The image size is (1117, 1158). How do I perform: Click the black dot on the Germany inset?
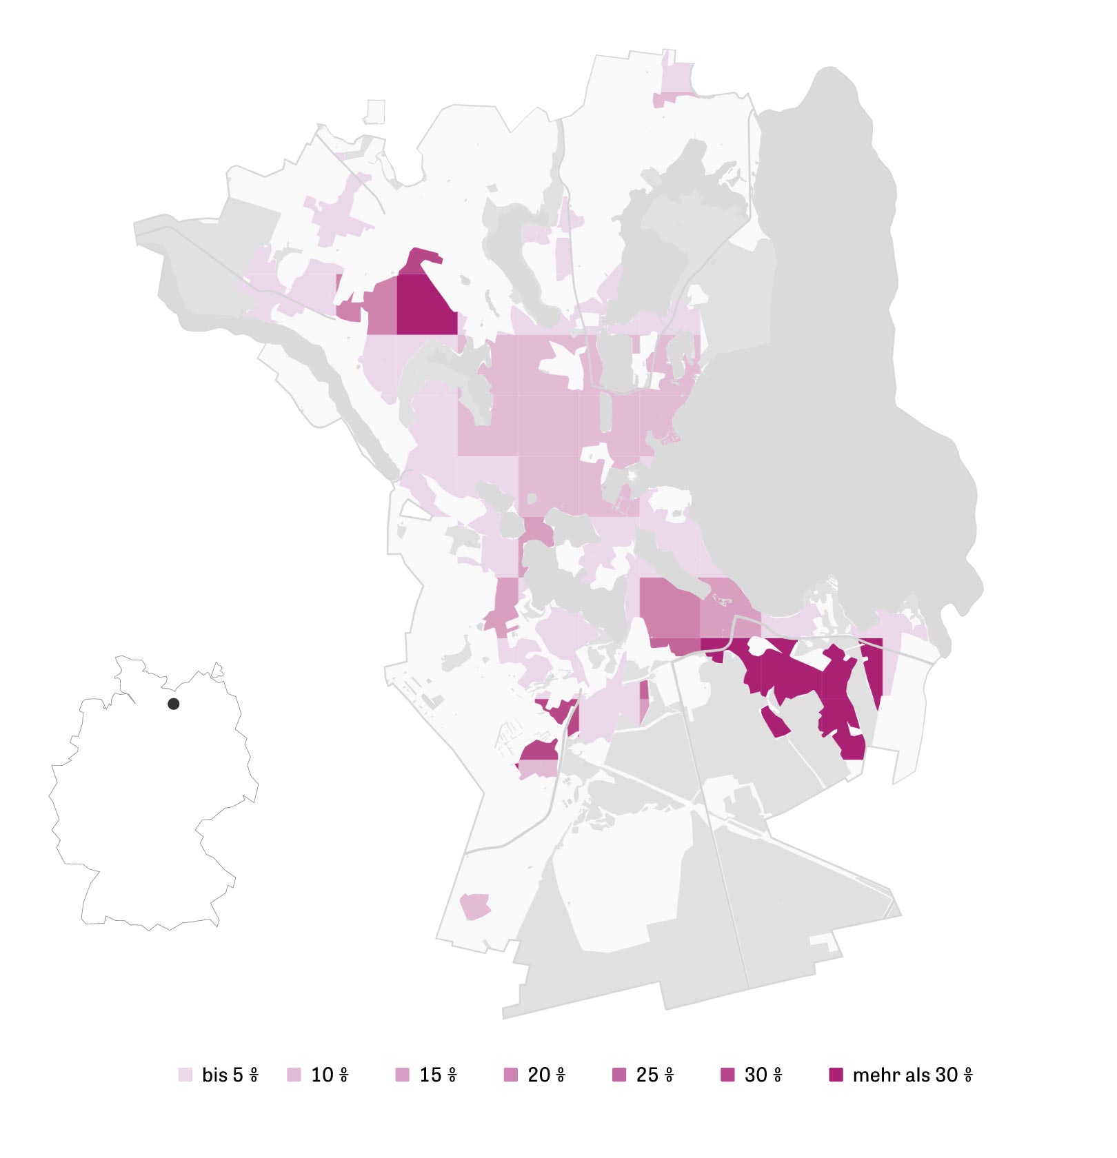(x=174, y=704)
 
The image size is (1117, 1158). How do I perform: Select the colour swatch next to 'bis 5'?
(x=185, y=1075)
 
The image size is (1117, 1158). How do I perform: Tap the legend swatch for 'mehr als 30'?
(x=836, y=1075)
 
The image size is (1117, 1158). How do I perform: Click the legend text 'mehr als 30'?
(x=905, y=1075)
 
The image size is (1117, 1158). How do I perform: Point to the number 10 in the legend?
(x=322, y=1075)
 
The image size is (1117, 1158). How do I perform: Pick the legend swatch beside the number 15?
(x=402, y=1075)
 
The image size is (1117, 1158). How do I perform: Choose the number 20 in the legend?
(x=539, y=1075)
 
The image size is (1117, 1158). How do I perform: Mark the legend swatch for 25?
(x=619, y=1075)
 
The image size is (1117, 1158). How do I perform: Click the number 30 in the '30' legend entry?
(x=756, y=1075)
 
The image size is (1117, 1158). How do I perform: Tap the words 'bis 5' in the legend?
(x=222, y=1075)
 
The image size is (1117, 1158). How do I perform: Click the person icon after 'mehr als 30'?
(x=968, y=1075)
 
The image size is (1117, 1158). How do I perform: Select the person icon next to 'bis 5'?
(x=254, y=1075)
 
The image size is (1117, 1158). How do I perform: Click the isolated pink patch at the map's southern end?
(x=475, y=905)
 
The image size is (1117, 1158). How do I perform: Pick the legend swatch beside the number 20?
(x=511, y=1075)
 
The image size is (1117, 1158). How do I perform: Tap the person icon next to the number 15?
(x=452, y=1075)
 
